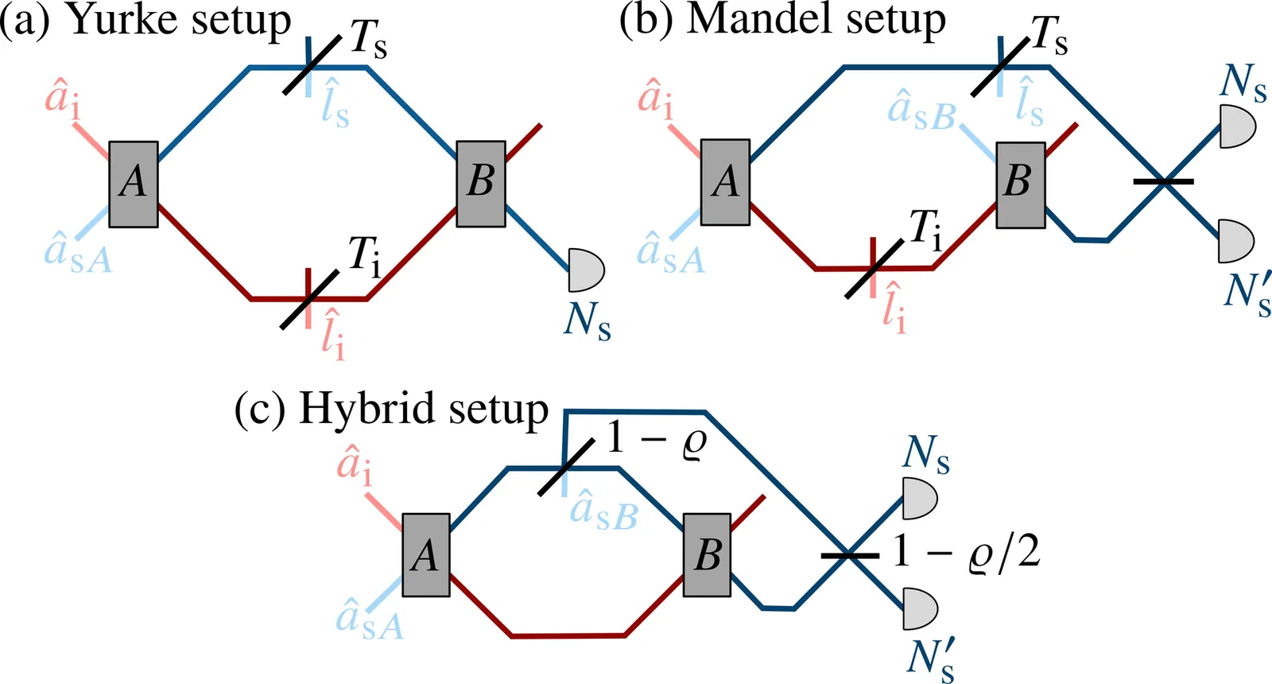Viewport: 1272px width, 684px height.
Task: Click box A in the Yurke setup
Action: [133, 185]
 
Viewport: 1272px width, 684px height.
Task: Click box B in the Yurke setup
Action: [481, 184]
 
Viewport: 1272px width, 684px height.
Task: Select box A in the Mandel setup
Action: [725, 183]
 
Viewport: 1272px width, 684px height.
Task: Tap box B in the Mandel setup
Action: [1020, 185]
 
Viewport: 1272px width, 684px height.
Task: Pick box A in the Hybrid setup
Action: [425, 555]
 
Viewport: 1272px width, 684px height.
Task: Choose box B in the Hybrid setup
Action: [707, 554]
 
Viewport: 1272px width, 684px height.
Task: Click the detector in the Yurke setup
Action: [586, 270]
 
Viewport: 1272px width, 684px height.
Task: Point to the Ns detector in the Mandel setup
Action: [1236, 127]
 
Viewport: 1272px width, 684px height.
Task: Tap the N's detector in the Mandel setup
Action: [1235, 240]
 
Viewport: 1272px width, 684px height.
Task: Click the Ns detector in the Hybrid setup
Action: [919, 499]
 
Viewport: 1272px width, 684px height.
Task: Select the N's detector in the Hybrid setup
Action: [920, 608]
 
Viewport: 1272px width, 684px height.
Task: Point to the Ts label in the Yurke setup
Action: [369, 38]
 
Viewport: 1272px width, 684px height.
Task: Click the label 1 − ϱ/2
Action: [965, 551]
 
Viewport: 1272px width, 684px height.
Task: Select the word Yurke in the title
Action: [118, 19]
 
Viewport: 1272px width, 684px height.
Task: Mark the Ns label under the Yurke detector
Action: [588, 321]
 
